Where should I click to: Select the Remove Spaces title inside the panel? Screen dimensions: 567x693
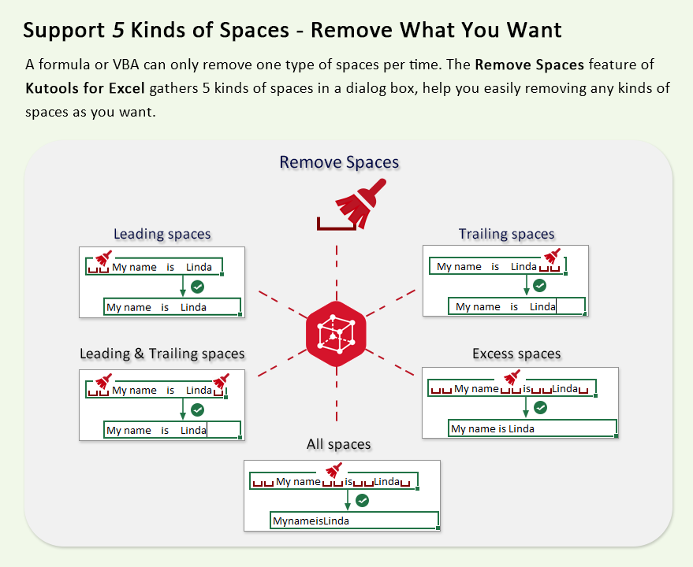tap(339, 162)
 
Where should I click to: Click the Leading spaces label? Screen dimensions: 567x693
tap(162, 233)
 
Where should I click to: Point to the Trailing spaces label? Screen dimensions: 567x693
tap(506, 233)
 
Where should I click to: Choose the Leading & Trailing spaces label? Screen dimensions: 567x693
tap(162, 354)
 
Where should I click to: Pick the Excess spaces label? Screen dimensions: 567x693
tap(516, 354)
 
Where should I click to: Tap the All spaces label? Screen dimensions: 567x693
tap(338, 444)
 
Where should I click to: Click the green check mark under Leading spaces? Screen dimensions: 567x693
tap(198, 287)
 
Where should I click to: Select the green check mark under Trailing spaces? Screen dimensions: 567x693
tap(540, 286)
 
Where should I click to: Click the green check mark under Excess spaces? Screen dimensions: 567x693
tap(540, 408)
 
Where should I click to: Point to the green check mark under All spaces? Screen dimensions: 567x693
tap(363, 500)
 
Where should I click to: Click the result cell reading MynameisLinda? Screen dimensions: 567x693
tap(353, 521)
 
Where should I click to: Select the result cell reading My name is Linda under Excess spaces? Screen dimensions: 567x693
tap(532, 428)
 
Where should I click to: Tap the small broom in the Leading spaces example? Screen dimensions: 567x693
tap(103, 258)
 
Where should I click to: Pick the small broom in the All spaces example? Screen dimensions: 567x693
tap(333, 471)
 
